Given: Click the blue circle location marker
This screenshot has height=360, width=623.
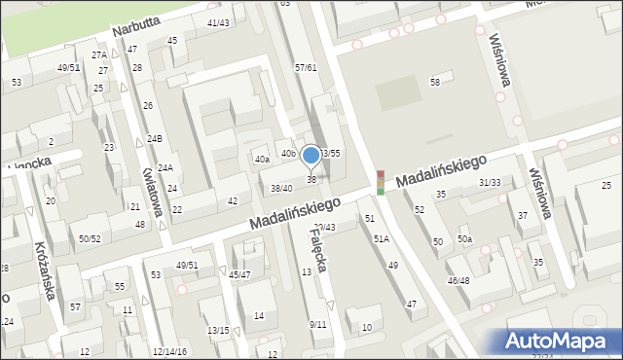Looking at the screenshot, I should pyautogui.click(x=311, y=155).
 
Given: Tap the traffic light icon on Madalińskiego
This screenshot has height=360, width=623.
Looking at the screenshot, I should pyautogui.click(x=380, y=182).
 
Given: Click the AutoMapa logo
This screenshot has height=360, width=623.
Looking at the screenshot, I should pyautogui.click(x=556, y=341).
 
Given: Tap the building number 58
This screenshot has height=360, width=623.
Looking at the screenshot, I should pyautogui.click(x=435, y=82).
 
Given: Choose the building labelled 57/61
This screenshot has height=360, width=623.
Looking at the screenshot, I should pyautogui.click(x=306, y=68).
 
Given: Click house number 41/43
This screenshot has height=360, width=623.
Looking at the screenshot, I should pyautogui.click(x=218, y=22).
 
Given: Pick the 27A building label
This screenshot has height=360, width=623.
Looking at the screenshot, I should pyautogui.click(x=99, y=55).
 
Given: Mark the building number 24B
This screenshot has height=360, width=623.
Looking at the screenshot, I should pyautogui.click(x=154, y=139).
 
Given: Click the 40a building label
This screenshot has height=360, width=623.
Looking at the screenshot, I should pyautogui.click(x=262, y=159).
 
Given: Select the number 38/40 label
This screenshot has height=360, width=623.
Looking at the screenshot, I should pyautogui.click(x=281, y=188).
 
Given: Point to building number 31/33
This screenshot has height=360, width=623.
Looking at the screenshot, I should pyautogui.click(x=490, y=182).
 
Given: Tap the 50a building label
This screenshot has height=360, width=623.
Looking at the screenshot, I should pyautogui.click(x=464, y=239).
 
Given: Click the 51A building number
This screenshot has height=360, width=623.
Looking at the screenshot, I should pyautogui.click(x=381, y=238).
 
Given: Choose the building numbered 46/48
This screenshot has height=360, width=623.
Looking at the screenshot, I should pyautogui.click(x=458, y=280).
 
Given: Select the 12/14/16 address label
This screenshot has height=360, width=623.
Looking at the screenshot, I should pyautogui.click(x=169, y=351).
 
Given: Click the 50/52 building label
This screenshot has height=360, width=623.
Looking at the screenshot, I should pyautogui.click(x=90, y=238).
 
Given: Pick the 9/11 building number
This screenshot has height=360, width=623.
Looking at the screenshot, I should pyautogui.click(x=317, y=324).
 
